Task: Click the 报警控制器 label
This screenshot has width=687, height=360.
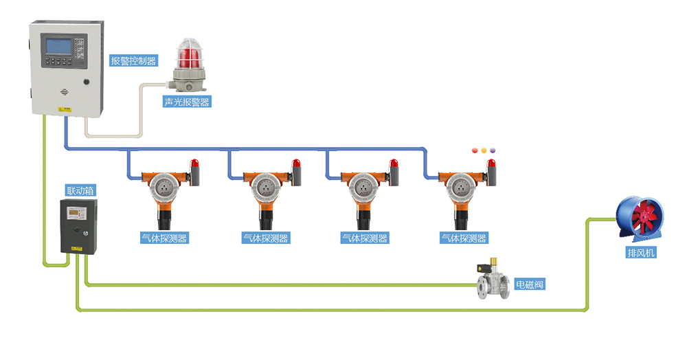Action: (134, 60)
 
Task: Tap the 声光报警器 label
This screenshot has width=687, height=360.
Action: (186, 102)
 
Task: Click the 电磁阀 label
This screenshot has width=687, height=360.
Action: (530, 284)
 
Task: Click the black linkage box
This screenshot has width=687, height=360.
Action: (78, 227)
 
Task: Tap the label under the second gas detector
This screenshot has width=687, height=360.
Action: (265, 238)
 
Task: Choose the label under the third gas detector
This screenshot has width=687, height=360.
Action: (364, 238)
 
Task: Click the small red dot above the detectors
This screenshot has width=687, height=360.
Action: (473, 150)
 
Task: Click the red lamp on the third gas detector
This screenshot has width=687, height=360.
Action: (395, 165)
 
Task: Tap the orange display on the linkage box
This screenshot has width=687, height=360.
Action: (74, 212)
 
